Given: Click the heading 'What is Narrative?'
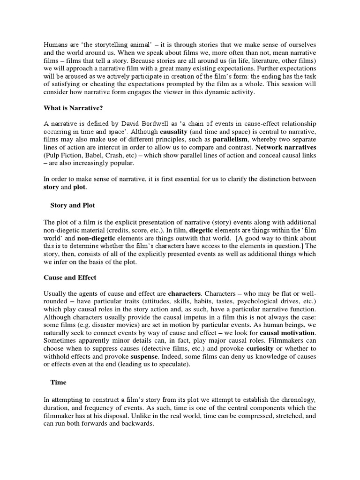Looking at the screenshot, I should pos(73,109).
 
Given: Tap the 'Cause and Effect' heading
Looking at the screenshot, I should pos(70,277).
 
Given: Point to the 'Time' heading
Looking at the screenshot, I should pos(59,382).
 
